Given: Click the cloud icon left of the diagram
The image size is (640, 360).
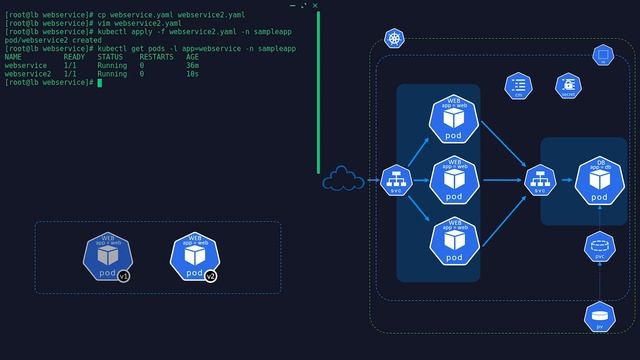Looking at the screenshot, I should [342, 179].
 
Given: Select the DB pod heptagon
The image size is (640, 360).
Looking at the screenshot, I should [599, 181].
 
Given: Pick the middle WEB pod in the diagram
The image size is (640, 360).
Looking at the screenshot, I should [454, 180].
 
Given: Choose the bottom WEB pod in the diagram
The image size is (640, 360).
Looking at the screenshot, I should [454, 241].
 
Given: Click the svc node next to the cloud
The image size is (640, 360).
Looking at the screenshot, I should [397, 180].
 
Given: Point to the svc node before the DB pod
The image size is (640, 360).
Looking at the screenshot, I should [540, 180].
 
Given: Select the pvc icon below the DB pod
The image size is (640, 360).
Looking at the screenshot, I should [599, 246].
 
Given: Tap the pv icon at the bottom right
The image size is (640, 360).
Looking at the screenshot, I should [599, 317].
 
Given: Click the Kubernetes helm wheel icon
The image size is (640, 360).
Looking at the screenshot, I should [395, 39].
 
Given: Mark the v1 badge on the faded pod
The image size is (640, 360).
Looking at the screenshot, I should [124, 276].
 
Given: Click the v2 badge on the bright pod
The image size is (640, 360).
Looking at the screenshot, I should [211, 276].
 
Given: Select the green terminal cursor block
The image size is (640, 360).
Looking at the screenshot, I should [100, 83].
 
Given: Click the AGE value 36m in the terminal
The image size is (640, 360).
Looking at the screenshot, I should [192, 65].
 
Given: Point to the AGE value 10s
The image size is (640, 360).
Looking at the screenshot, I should [192, 74].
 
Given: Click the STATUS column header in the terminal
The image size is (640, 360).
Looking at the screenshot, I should [110, 57].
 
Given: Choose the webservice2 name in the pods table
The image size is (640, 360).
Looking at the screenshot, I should [27, 74].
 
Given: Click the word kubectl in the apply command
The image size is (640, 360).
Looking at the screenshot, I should [112, 31].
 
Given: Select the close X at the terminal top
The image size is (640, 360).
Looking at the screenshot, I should [315, 6].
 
